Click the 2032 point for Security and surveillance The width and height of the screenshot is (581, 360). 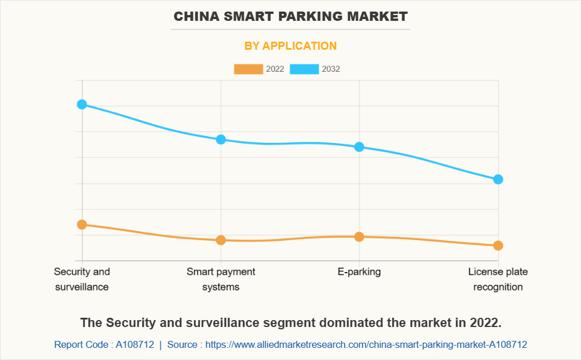pos(82,104)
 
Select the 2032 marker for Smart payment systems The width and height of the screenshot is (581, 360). pos(221,139)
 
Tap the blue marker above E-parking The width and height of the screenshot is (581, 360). pos(359,147)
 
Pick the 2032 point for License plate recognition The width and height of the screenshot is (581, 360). pos(498,179)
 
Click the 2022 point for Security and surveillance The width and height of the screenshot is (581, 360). pos(82,225)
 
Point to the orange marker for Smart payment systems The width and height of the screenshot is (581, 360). pos(221,240)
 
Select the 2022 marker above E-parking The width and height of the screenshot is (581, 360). pos(359,237)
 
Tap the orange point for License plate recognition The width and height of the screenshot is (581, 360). pos(498,245)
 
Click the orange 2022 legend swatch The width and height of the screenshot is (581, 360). pos(248,69)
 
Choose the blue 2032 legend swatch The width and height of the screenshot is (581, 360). pos(304,69)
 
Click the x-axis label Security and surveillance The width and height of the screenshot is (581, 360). pos(82,279)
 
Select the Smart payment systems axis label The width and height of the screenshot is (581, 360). pos(221,279)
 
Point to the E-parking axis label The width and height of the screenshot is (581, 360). pos(359,271)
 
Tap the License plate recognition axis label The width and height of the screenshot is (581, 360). pos(498,279)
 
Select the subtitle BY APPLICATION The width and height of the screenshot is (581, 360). pos(291,46)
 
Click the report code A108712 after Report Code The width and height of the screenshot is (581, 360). pos(134,344)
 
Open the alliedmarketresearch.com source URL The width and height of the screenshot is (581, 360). pos(366,344)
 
